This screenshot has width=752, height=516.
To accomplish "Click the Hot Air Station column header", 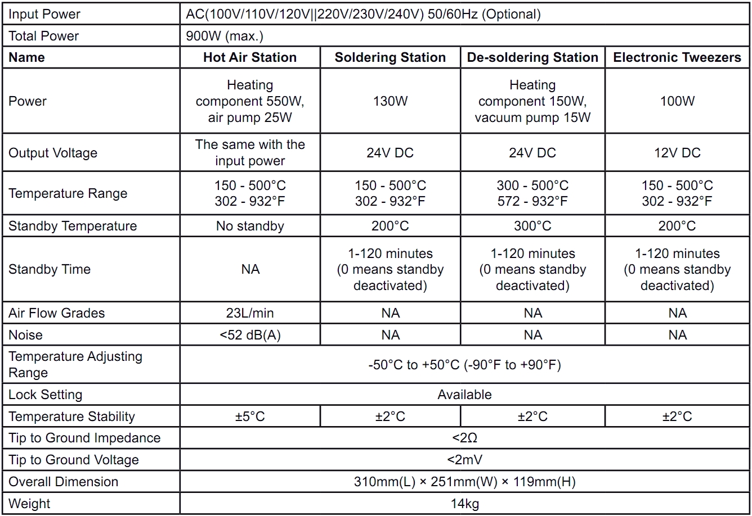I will click(x=250, y=57).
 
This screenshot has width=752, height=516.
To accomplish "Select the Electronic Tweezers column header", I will click(x=677, y=57).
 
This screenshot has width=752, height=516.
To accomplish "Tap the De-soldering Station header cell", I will click(x=532, y=57).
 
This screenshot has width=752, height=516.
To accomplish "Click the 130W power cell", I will click(x=390, y=101).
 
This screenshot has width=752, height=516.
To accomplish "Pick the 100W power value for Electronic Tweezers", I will click(x=677, y=101).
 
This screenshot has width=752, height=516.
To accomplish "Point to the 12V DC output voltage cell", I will click(x=677, y=153).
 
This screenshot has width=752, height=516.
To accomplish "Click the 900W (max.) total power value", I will click(x=225, y=36).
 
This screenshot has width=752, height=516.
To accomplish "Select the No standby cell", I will click(x=250, y=226).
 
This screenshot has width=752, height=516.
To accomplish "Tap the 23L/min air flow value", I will click(x=250, y=313).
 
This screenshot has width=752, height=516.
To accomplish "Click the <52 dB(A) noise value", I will click(x=250, y=335).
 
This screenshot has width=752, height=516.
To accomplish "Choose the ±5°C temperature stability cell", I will click(x=250, y=417).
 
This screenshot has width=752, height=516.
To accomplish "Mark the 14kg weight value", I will click(x=464, y=504).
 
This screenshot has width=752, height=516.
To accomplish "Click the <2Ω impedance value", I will click(x=464, y=438).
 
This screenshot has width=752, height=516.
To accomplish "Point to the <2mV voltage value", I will click(x=464, y=460).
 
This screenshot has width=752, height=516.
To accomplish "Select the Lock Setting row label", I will click(x=45, y=395).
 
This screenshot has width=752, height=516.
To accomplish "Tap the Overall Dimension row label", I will click(x=63, y=482).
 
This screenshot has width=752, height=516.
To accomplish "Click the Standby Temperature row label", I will click(x=72, y=226).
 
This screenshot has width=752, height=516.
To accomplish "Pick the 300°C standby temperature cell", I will click(x=532, y=226).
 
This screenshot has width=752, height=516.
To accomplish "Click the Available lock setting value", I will click(x=464, y=395).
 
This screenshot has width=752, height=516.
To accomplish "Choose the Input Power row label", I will click(x=44, y=14).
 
